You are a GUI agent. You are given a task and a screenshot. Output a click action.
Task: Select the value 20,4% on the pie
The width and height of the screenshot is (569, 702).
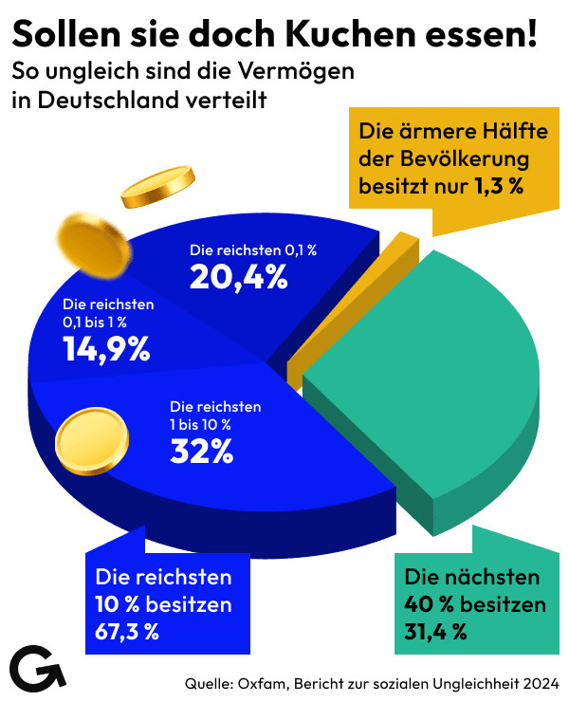[x=238, y=276]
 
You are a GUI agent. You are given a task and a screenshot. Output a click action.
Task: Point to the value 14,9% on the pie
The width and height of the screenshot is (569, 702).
[x=106, y=349]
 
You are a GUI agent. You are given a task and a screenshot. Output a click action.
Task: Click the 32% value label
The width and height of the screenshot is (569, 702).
[x=202, y=452]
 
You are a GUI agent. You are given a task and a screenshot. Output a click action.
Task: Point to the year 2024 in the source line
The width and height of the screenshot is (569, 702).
[x=538, y=682]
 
